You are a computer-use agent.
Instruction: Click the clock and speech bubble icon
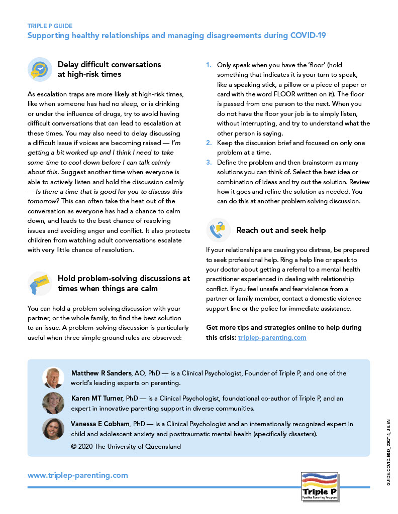pos(39,69)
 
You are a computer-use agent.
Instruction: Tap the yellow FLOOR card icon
pos(39,284)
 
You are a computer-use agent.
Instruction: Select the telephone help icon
pos(218,229)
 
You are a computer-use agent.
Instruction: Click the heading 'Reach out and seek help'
pos(281,230)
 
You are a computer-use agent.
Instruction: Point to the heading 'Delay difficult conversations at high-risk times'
pos(109,69)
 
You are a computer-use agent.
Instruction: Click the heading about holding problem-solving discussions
pos(124,283)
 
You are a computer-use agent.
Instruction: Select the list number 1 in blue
pos(209,65)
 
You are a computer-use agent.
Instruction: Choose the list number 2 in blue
pos(209,143)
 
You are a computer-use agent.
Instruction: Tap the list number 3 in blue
pos(209,163)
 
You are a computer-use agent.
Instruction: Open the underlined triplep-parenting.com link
pos(272,337)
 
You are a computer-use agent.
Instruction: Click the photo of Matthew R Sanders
pos(53,378)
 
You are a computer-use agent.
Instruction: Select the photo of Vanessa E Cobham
pos(53,429)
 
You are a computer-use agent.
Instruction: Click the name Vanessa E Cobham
pos(100,424)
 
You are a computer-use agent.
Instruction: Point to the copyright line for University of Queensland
pos(126,446)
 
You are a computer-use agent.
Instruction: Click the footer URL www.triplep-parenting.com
pos(77,475)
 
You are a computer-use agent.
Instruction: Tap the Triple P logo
pos(320,486)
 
